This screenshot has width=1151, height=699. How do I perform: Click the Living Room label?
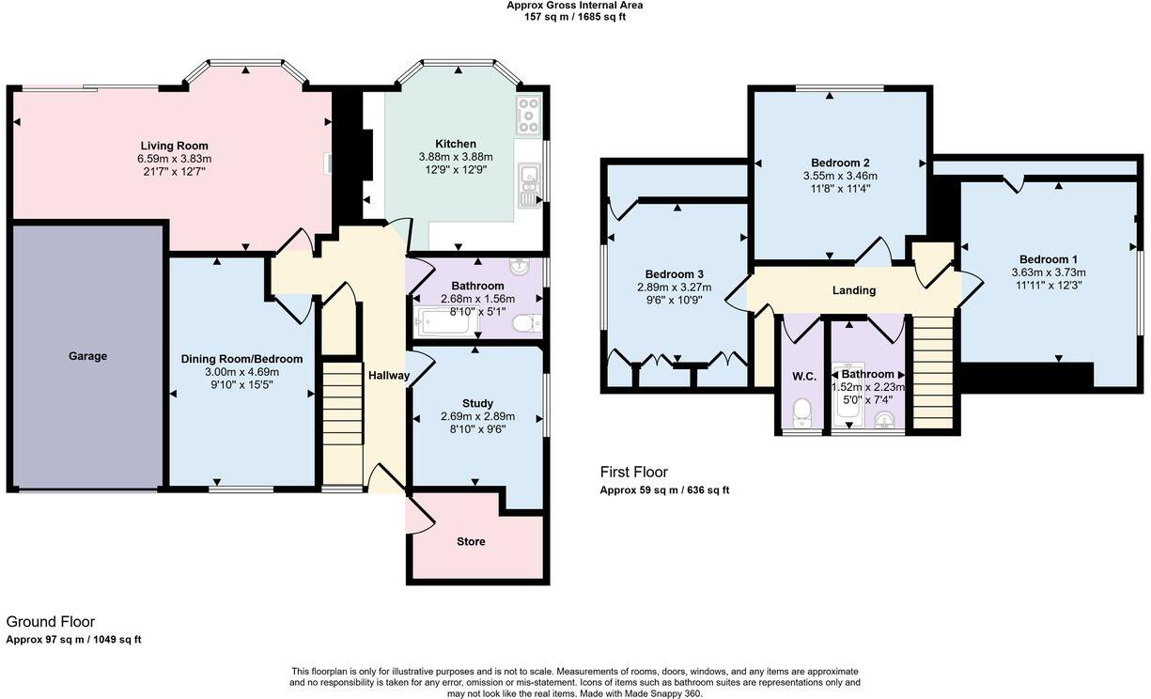(174, 146)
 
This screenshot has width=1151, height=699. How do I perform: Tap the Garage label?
(87, 356)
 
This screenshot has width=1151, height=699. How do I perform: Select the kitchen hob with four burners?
(527, 116)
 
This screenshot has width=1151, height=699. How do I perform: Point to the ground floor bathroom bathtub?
(446, 323)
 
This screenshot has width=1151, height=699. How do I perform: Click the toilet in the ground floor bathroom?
(525, 323)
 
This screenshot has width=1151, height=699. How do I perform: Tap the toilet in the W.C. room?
(801, 411)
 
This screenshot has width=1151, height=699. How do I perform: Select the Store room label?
(471, 542)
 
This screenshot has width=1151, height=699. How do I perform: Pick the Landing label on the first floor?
(854, 290)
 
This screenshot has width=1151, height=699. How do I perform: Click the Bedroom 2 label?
(840, 163)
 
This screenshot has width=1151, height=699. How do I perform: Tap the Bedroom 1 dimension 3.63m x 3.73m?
(1049, 272)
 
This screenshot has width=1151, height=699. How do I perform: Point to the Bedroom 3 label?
(674, 274)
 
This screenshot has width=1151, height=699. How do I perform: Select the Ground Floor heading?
(50, 622)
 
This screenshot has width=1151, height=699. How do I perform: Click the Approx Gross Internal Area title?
(575, 6)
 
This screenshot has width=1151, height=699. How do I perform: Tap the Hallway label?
(389, 376)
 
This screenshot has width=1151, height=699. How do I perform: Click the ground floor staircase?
(343, 404)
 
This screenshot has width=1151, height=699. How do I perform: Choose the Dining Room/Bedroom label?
(241, 359)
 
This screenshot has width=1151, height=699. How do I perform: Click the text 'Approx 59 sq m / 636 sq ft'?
(664, 490)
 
